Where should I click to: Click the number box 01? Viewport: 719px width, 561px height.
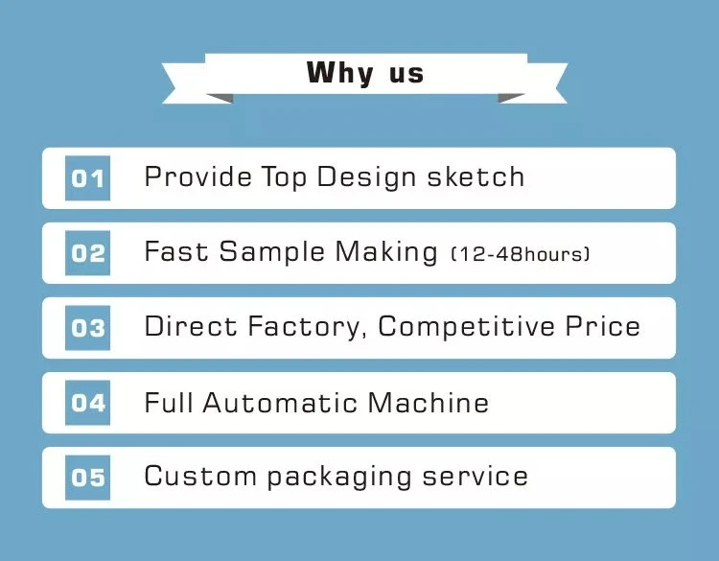[87, 178]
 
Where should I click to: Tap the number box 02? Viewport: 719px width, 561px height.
[87, 253]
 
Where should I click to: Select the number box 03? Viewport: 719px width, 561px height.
[87, 328]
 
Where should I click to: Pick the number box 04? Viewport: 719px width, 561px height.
[87, 402]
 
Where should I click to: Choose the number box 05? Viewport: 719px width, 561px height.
[87, 477]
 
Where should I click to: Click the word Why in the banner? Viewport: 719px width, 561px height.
[339, 74]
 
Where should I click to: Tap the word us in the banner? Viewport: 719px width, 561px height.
[406, 75]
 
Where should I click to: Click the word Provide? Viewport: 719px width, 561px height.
[198, 177]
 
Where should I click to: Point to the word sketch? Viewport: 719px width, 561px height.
[475, 176]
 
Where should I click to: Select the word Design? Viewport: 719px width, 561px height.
[366, 178]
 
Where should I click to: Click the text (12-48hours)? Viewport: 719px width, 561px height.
[521, 254]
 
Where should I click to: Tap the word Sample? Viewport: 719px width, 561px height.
[271, 252]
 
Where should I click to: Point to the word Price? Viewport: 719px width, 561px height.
[603, 326]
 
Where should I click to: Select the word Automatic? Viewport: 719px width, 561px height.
[280, 402]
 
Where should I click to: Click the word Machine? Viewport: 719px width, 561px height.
[429, 402]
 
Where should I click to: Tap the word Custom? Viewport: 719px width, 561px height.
[200, 476]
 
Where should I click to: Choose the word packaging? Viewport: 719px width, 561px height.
[338, 478]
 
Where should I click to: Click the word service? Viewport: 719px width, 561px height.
[475, 476]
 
